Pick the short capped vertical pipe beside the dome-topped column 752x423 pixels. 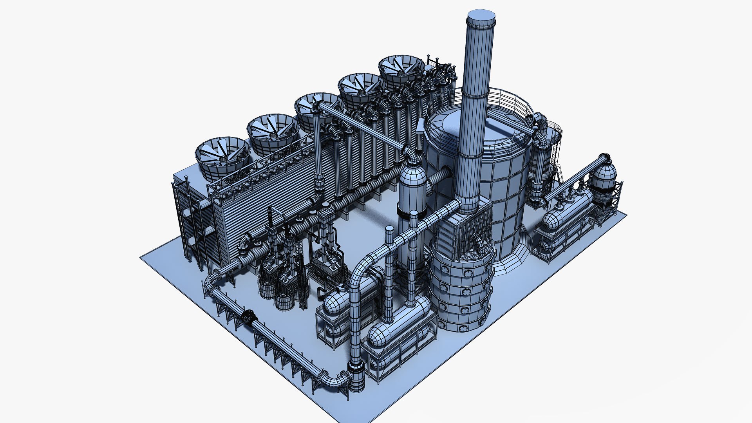click(x=389, y=251)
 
